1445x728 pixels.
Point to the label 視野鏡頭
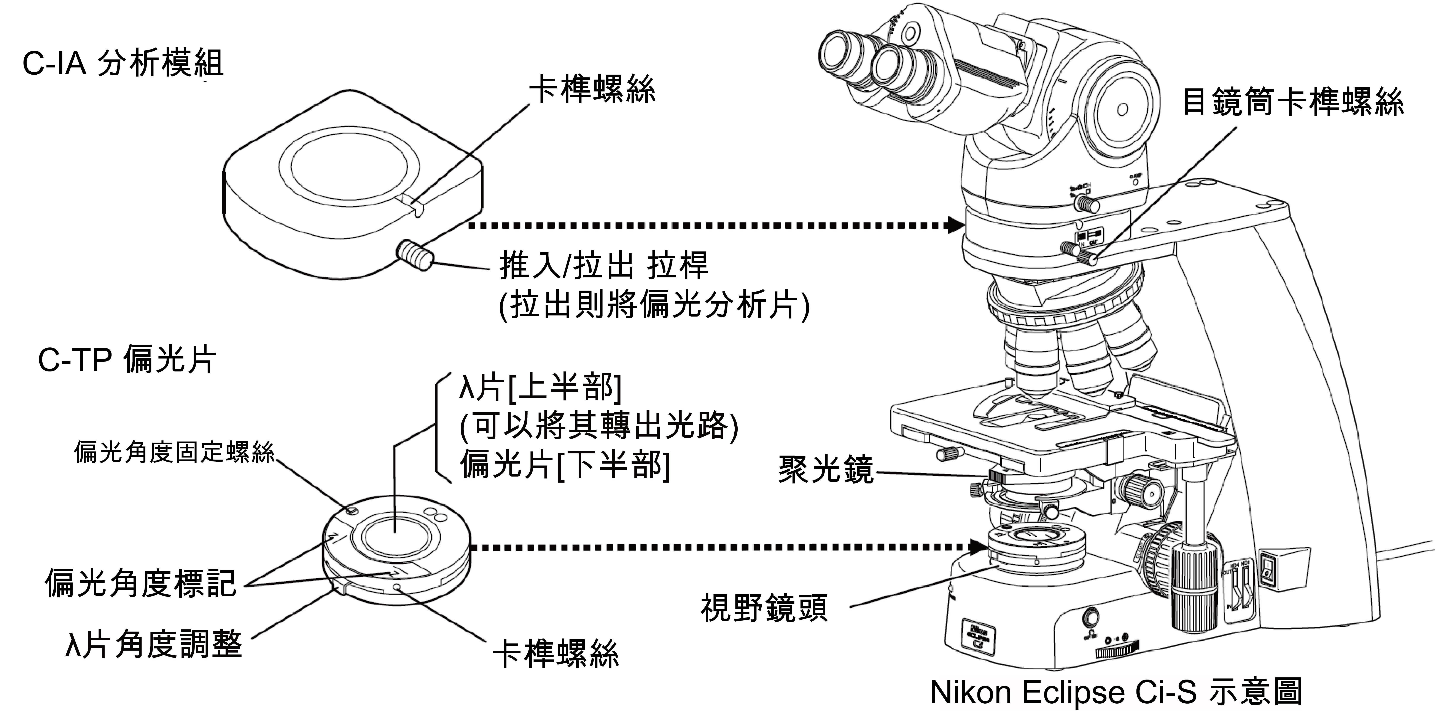764,608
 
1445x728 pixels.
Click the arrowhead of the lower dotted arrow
977,546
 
